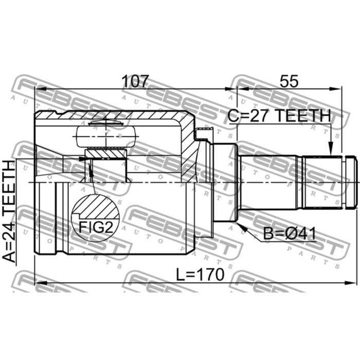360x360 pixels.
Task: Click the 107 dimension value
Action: coord(135,81)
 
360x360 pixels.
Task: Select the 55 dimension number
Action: coord(289,81)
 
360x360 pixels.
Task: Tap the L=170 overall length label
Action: coord(200,275)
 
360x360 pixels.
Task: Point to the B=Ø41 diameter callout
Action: coord(289,233)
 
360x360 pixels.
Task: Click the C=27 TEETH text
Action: coord(279,116)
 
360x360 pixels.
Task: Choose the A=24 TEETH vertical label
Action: coord(9,211)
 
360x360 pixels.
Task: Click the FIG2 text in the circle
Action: coord(96,227)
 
